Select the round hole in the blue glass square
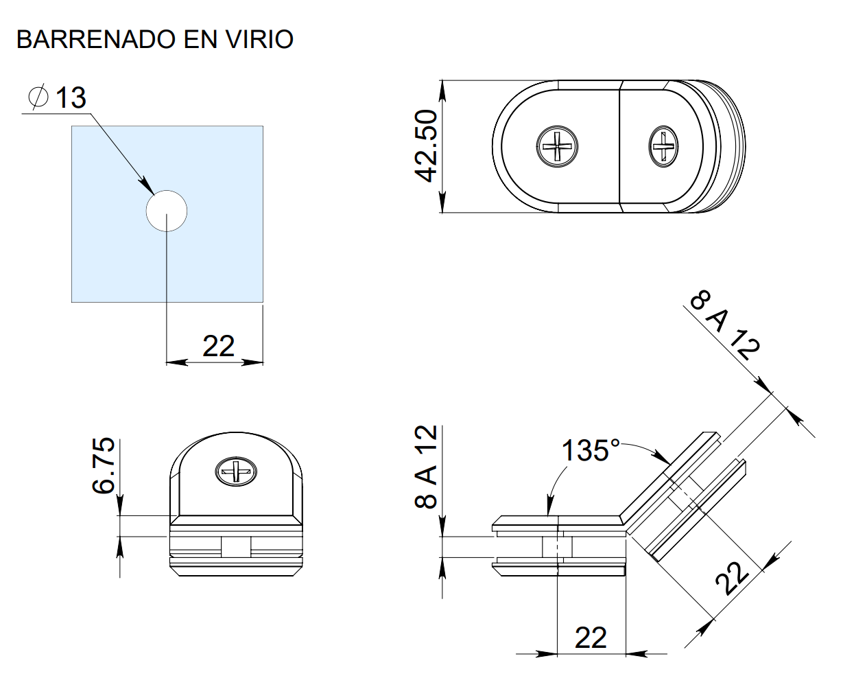coord(167,210)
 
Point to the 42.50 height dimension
coord(426,145)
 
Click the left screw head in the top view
coord(556,145)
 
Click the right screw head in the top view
coord(663,145)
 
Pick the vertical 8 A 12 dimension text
coord(426,466)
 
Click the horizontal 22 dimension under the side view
coord(591,638)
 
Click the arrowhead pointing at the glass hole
coord(147,187)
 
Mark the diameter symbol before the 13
coord(38,97)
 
